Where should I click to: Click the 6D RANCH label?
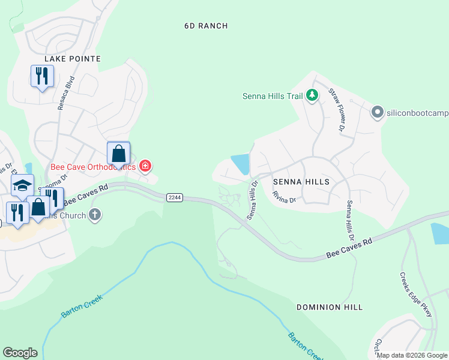pyautogui.click(x=206, y=26)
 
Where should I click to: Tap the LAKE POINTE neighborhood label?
pyautogui.click(x=72, y=59)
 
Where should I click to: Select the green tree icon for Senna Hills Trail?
pyautogui.click(x=312, y=95)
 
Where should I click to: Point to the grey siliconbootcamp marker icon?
pyautogui.click(x=377, y=112)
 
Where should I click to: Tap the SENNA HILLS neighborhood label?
pyautogui.click(x=301, y=181)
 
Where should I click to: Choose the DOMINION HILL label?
pyautogui.click(x=330, y=307)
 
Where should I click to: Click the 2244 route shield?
pyautogui.click(x=175, y=197)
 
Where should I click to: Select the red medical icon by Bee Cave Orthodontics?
pyautogui.click(x=145, y=166)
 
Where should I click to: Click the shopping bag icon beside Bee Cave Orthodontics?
pyautogui.click(x=119, y=154)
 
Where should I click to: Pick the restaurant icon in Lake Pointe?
pyautogui.click(x=42, y=76)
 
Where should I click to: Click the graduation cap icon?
pyautogui.click(x=22, y=185)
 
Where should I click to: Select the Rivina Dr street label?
pyautogui.click(x=284, y=196)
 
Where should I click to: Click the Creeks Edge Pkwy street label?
pyautogui.click(x=416, y=295)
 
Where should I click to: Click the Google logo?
pyautogui.click(x=20, y=353)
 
